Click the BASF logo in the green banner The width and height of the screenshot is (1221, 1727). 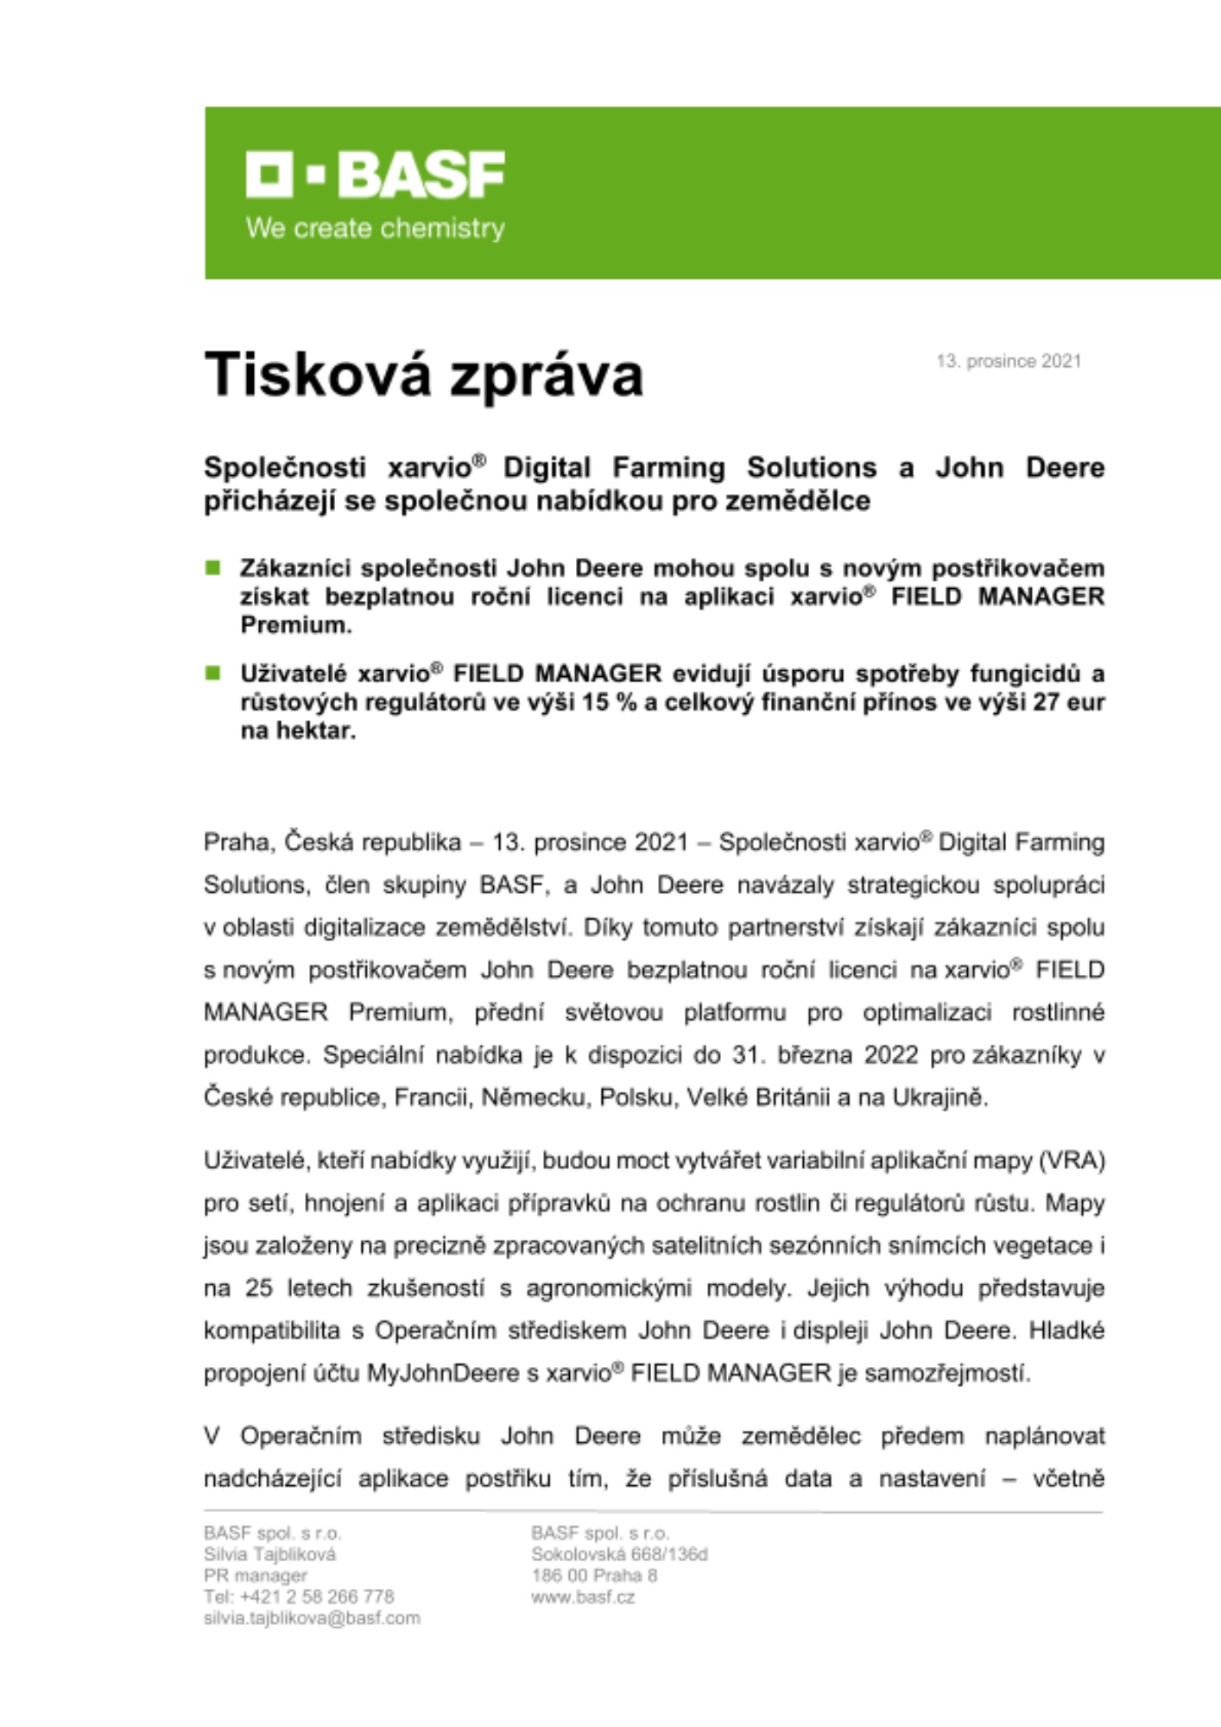point(376,175)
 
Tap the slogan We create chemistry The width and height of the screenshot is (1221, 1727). point(376,229)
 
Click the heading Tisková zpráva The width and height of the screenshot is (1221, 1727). point(423,375)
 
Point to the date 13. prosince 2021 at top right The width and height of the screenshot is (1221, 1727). point(1009,361)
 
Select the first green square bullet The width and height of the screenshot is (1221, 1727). point(212,567)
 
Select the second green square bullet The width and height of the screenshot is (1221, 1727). point(212,673)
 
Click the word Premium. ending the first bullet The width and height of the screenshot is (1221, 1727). point(296,625)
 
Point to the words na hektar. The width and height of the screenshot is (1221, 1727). point(298,731)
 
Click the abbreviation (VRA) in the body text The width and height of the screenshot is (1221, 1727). point(1073,1161)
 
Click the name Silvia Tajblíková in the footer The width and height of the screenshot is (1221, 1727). point(269,1554)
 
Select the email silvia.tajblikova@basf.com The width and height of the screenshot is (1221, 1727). point(312,1618)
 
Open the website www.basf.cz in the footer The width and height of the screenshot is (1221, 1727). point(583,1597)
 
